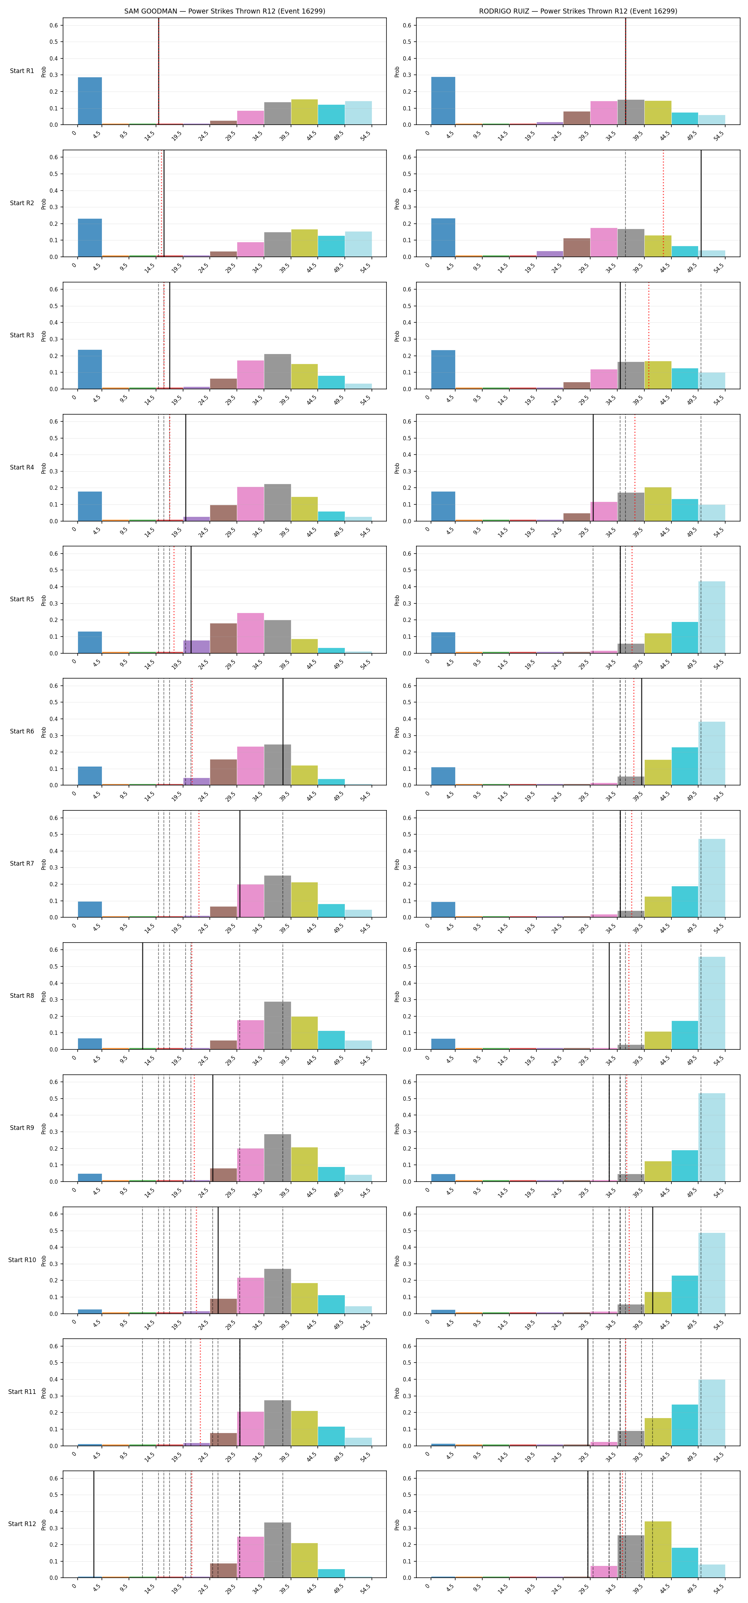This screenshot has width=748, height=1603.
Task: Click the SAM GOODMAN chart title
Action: click(225, 11)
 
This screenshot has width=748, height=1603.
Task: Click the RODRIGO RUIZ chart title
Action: click(578, 11)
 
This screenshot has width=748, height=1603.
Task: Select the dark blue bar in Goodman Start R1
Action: click(90, 101)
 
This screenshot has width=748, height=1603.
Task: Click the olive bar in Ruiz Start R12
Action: click(658, 1550)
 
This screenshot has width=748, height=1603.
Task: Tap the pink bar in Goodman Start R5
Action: click(250, 633)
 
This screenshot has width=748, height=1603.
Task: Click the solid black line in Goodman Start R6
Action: click(283, 732)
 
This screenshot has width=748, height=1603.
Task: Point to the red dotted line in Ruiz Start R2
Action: click(663, 203)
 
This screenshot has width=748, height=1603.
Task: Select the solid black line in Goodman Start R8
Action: click(142, 996)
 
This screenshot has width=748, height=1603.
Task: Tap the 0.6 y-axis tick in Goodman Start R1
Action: click(54, 26)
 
